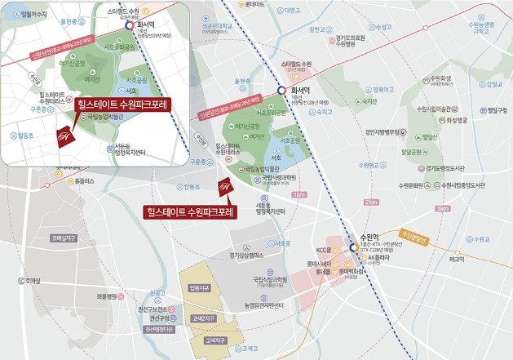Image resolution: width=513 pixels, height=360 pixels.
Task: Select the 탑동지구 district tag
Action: tap(199, 288)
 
